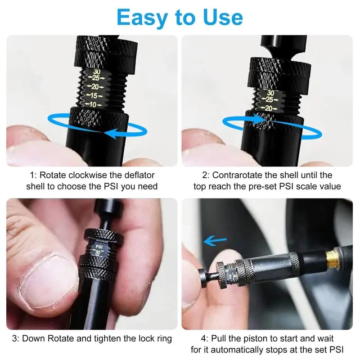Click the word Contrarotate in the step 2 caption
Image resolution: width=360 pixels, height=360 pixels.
[238, 175]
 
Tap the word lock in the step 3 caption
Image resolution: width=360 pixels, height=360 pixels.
[139, 338]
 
